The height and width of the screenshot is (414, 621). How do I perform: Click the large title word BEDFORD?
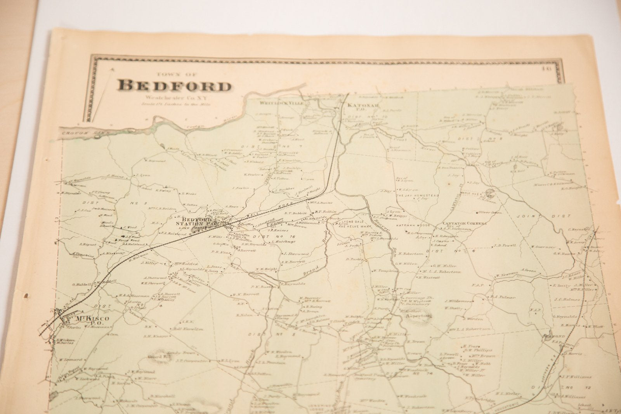pos(174,86)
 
